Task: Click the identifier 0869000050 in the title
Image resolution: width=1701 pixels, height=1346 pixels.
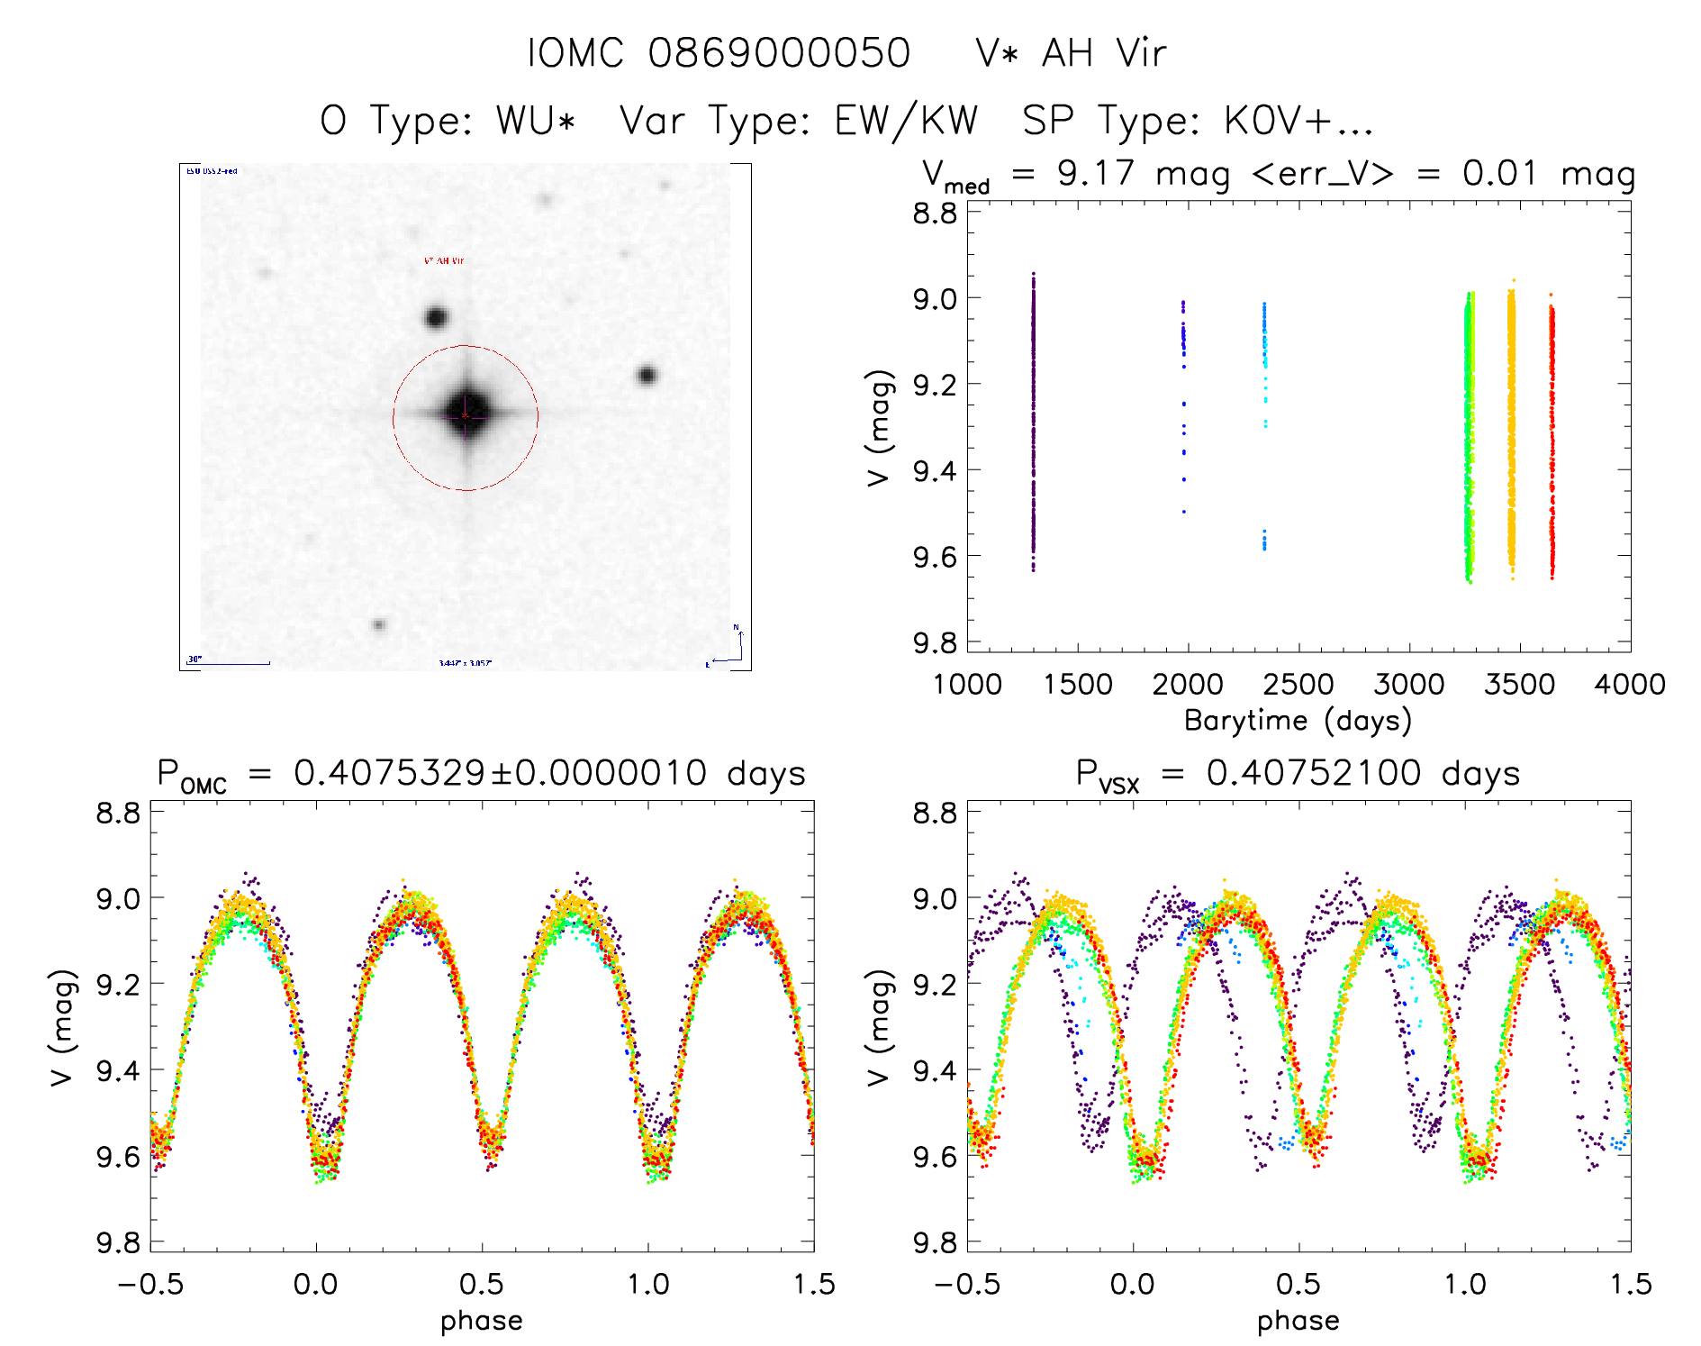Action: tap(779, 53)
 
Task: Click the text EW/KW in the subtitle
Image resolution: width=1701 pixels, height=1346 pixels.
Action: tap(906, 121)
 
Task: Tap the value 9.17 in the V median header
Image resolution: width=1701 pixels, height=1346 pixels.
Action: tap(1095, 173)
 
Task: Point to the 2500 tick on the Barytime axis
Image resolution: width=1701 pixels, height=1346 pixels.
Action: tap(1298, 684)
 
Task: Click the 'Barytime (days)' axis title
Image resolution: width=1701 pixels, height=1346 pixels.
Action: tap(1298, 721)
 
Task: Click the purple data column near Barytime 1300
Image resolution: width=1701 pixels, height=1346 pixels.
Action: tap(1033, 423)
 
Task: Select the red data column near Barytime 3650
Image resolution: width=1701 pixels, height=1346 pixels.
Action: tap(1552, 441)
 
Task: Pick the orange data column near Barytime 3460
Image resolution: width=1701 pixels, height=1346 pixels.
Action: tap(1511, 432)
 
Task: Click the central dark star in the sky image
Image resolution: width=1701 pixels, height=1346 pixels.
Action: tap(466, 415)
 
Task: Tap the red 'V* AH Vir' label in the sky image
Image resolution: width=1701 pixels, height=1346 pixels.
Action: tap(444, 261)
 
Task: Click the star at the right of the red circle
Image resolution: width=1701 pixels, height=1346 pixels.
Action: tap(647, 375)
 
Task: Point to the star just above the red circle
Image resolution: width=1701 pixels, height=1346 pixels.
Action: tap(436, 317)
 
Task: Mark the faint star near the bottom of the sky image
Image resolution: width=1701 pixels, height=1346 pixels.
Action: tap(379, 624)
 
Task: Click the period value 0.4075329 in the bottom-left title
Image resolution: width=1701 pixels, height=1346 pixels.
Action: tap(390, 773)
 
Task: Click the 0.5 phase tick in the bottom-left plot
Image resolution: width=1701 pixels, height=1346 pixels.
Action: tap(482, 1284)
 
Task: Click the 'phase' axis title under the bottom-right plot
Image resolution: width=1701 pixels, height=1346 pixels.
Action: tap(1298, 1321)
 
